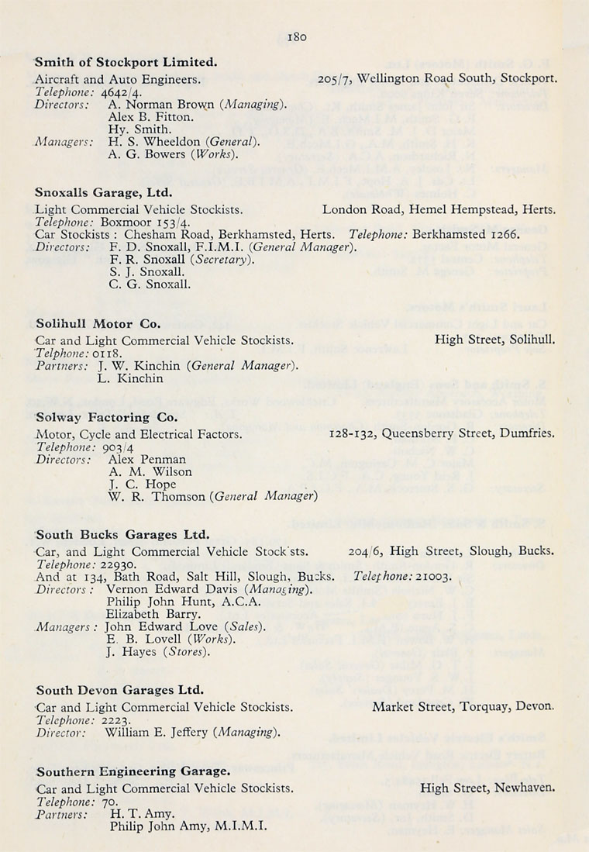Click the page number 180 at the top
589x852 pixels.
298,36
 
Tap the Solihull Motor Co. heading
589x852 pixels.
96,324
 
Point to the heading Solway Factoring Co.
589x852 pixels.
107,416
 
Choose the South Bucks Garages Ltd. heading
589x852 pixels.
122,534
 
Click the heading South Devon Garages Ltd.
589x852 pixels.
119,689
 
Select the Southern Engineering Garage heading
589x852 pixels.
132,771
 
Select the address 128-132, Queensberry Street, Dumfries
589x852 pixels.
443,434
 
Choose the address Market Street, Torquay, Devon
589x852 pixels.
463,707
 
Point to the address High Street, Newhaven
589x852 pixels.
487,788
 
